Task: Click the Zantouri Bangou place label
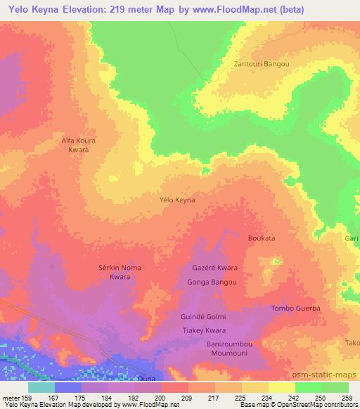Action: click(261, 64)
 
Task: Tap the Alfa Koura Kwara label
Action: click(78, 145)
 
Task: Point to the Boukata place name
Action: click(262, 239)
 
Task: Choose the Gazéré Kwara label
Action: click(214, 268)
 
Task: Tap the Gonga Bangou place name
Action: click(212, 283)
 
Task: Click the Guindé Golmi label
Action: click(203, 317)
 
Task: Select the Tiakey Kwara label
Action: click(204, 331)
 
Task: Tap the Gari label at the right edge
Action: click(351, 239)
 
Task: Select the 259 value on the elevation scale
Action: click(348, 398)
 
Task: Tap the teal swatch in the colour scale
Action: click(41, 387)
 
